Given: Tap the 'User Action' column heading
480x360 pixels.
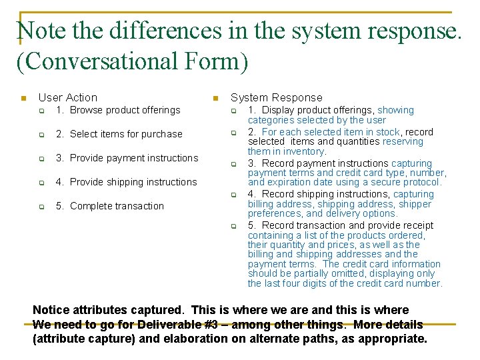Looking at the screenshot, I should click(68, 98).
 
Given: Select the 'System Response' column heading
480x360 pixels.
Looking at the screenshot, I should click(276, 98).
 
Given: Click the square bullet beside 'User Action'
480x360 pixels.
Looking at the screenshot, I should click(23, 99).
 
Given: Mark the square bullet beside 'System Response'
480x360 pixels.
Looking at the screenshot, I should click(215, 99).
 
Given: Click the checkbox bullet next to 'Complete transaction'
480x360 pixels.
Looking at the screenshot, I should click(41, 207).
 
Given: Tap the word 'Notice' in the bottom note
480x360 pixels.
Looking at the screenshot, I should click(51, 310).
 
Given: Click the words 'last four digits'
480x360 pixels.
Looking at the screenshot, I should click(295, 283).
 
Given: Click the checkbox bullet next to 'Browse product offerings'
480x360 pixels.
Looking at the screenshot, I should click(41, 111).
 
